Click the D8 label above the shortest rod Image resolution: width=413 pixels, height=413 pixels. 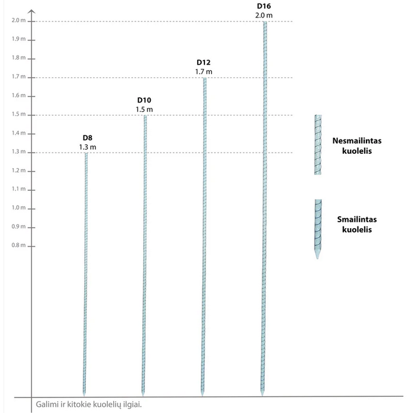[x=88, y=138]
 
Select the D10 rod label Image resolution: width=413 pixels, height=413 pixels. [x=145, y=100]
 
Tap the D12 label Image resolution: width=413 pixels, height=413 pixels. [x=204, y=63]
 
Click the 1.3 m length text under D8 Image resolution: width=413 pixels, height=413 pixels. [x=88, y=147]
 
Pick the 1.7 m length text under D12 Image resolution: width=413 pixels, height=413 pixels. [x=204, y=72]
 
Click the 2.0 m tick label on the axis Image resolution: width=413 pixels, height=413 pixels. [x=18, y=21]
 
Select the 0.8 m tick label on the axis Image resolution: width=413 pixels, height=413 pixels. [x=18, y=246]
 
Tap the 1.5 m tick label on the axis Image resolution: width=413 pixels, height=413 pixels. [x=18, y=114]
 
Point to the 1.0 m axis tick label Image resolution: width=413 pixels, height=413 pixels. [x=18, y=208]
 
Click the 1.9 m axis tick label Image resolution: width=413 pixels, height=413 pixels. [x=18, y=39]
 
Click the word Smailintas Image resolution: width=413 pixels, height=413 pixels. [x=357, y=219]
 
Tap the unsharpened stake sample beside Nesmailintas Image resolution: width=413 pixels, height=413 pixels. [x=318, y=145]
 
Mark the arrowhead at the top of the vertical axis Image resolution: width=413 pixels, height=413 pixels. [x=32, y=11]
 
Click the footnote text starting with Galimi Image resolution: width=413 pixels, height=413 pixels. [x=89, y=404]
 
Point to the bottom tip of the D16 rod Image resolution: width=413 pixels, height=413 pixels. [x=262, y=394]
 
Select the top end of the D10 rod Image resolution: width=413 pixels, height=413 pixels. [x=144, y=116]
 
